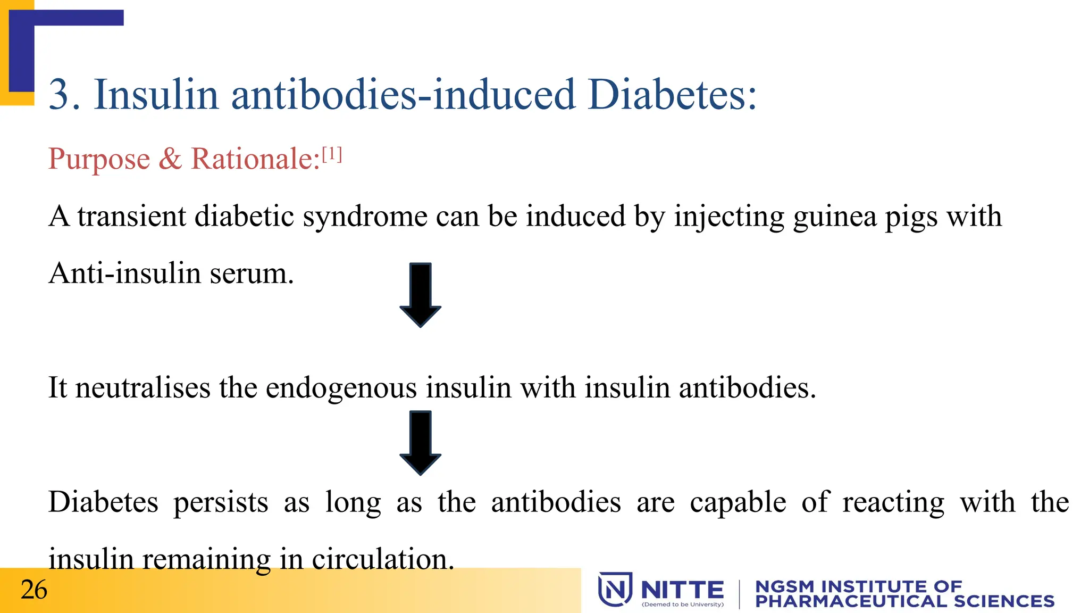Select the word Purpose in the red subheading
tap(99, 159)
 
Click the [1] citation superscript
tap(332, 154)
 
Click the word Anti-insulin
tap(124, 274)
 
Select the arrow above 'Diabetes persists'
tap(420, 442)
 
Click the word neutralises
tap(143, 387)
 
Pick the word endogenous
tap(341, 388)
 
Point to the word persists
tap(221, 503)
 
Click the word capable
tap(738, 503)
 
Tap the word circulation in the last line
tap(382, 559)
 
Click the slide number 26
tap(34, 590)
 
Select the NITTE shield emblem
tap(615, 589)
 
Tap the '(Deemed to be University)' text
tap(683, 604)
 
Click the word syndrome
tap(365, 217)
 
